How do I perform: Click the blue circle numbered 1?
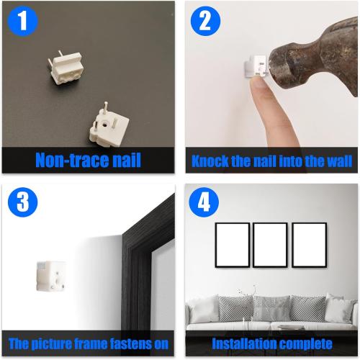23,22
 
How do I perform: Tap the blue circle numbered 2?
205,22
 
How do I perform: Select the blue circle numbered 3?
23,202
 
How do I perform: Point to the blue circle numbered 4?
204,202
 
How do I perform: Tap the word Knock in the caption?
210,161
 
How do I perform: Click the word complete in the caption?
305,344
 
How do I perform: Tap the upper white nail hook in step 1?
66,68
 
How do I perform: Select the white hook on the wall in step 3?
51,276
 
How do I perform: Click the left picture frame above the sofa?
233,245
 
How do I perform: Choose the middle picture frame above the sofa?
270,245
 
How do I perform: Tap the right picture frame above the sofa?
309,245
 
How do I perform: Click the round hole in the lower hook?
105,125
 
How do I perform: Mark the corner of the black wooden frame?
122,233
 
